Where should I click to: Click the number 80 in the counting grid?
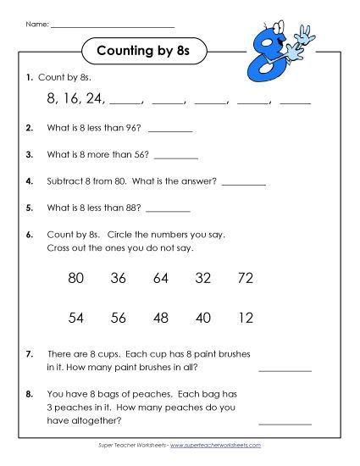[75, 278]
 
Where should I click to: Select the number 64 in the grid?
[162, 278]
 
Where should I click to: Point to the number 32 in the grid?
[203, 278]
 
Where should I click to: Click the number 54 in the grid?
[75, 318]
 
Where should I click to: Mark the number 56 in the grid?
[119, 318]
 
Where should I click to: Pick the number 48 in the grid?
[162, 318]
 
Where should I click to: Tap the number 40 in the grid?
[203, 318]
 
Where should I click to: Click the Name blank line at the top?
[112, 26]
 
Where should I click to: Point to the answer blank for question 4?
[243, 183]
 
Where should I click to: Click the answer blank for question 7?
[285, 370]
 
